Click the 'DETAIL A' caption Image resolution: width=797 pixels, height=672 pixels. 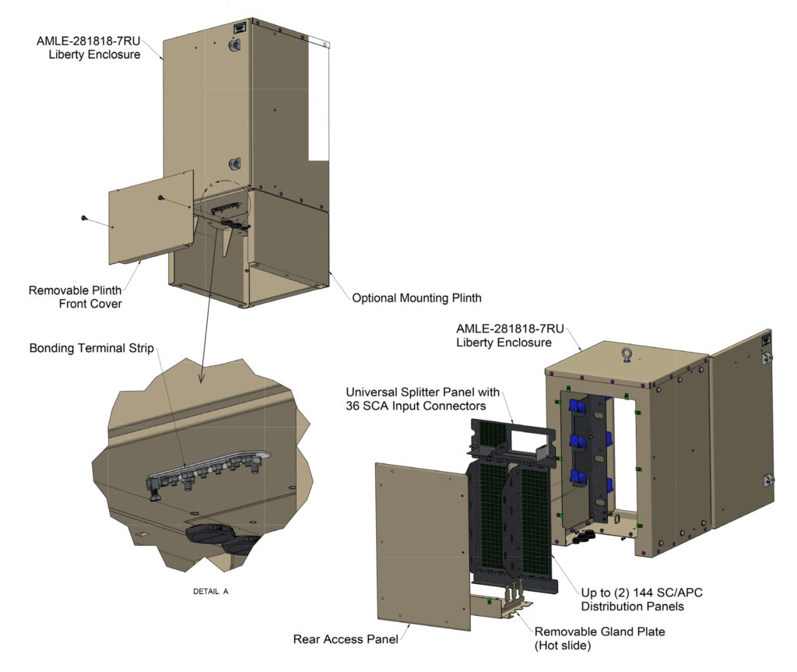pyautogui.click(x=210, y=591)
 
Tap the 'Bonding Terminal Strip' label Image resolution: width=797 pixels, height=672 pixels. pyautogui.click(x=92, y=348)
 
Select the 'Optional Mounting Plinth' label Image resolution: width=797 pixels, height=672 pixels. pyautogui.click(x=417, y=298)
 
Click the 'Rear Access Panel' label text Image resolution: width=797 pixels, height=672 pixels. pyautogui.click(x=346, y=639)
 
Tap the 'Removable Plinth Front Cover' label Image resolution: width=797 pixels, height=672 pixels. pyautogui.click(x=75, y=297)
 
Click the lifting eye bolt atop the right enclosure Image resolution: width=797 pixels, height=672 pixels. pyautogui.click(x=627, y=354)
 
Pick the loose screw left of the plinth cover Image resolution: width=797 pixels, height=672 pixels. pyautogui.click(x=84, y=218)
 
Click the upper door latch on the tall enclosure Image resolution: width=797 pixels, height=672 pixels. pyautogui.click(x=234, y=45)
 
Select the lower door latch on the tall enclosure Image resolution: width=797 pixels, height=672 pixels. pyautogui.click(x=234, y=164)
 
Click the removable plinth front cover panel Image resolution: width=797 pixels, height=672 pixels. pyautogui.click(x=151, y=218)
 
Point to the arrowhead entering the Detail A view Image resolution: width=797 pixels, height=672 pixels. pyautogui.click(x=202, y=378)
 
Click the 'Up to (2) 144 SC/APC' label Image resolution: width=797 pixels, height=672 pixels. pyautogui.click(x=642, y=593)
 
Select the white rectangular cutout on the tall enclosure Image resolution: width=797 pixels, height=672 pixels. pyautogui.click(x=318, y=100)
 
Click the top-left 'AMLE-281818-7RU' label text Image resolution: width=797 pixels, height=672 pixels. pyautogui.click(x=89, y=41)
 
